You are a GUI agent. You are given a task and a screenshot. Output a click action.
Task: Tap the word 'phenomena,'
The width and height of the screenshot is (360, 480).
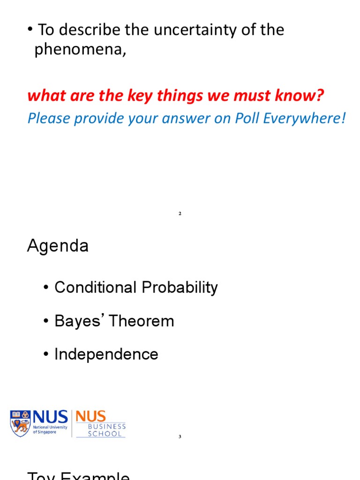pyautogui.click(x=80, y=50)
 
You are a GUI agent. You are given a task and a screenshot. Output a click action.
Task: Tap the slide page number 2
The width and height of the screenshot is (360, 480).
pyautogui.click(x=180, y=214)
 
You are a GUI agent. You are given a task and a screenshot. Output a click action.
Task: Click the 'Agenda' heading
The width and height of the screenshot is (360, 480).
pyautogui.click(x=58, y=246)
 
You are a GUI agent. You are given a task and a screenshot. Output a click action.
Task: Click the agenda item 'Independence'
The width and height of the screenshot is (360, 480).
pyautogui.click(x=106, y=354)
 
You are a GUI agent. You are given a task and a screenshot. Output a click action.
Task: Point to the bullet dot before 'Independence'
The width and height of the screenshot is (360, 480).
pyautogui.click(x=46, y=355)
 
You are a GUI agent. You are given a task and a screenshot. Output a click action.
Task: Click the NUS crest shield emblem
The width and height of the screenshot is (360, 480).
pyautogui.click(x=20, y=423)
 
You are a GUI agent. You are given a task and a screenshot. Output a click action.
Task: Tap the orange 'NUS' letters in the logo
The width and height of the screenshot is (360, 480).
pyautogui.click(x=90, y=416)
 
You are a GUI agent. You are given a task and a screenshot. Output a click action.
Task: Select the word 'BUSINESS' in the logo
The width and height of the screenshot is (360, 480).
pyautogui.click(x=101, y=427)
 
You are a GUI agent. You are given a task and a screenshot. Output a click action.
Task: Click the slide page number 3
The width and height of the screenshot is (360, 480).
pyautogui.click(x=180, y=437)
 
